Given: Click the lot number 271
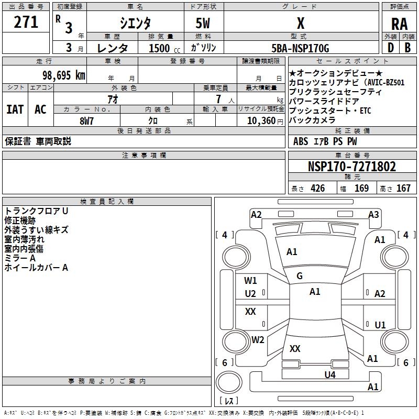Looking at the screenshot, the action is tap(26, 23).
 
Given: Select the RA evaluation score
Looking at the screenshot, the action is tap(399, 24).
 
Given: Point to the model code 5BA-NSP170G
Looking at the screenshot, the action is tap(300, 48).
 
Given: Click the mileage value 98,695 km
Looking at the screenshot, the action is tap(64, 75).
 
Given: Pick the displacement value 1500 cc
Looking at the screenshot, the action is tap(159, 48).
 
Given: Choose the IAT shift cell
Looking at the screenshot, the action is tap(15, 109).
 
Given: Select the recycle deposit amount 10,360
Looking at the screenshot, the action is tap(260, 121).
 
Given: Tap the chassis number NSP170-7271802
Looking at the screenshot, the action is tap(351, 167).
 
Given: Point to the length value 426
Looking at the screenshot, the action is tap(317, 189).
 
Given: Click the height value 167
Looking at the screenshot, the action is tap(403, 189).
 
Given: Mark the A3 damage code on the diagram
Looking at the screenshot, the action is tap(373, 214).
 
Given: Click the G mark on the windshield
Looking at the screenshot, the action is tap(300, 276).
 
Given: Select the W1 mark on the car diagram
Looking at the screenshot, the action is tap(250, 280).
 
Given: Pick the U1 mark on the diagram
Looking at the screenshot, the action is tap(380, 325).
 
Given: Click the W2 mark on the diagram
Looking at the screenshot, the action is tap(258, 339).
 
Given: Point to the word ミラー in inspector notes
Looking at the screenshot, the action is tap(16, 258).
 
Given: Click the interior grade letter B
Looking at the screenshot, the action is tap(408, 48).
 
